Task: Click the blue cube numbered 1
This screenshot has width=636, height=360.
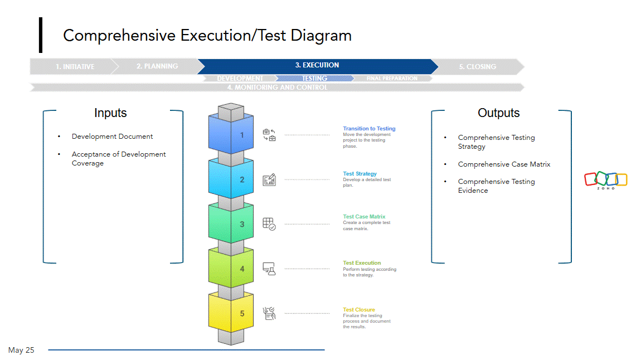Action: tap(231, 135)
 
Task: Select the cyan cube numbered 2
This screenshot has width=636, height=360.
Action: tap(231, 179)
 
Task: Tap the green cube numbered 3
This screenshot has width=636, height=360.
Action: tap(231, 224)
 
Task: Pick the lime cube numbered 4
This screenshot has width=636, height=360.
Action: tap(231, 269)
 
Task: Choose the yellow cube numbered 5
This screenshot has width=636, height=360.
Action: tap(231, 313)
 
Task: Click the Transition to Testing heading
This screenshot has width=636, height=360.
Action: tap(369, 129)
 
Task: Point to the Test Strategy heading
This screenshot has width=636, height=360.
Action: tap(360, 174)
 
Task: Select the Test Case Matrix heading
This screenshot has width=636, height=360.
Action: tap(364, 217)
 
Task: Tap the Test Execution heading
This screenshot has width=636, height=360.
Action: tap(362, 263)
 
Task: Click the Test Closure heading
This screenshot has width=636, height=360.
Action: tap(359, 310)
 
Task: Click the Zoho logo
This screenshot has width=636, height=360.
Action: tap(605, 180)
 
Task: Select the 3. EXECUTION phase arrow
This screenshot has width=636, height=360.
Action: tap(317, 66)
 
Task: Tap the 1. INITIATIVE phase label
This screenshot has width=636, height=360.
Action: tap(75, 67)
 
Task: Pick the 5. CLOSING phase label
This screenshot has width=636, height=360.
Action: tap(477, 67)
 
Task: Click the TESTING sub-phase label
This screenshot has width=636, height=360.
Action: tap(314, 79)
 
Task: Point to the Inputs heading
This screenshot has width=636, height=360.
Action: tap(110, 113)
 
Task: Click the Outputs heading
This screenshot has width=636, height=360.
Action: tap(498, 113)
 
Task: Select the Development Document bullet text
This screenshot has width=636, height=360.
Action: tap(112, 137)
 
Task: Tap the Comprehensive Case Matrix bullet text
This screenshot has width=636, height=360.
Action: tap(504, 164)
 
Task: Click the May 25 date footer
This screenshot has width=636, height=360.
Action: tap(21, 350)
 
